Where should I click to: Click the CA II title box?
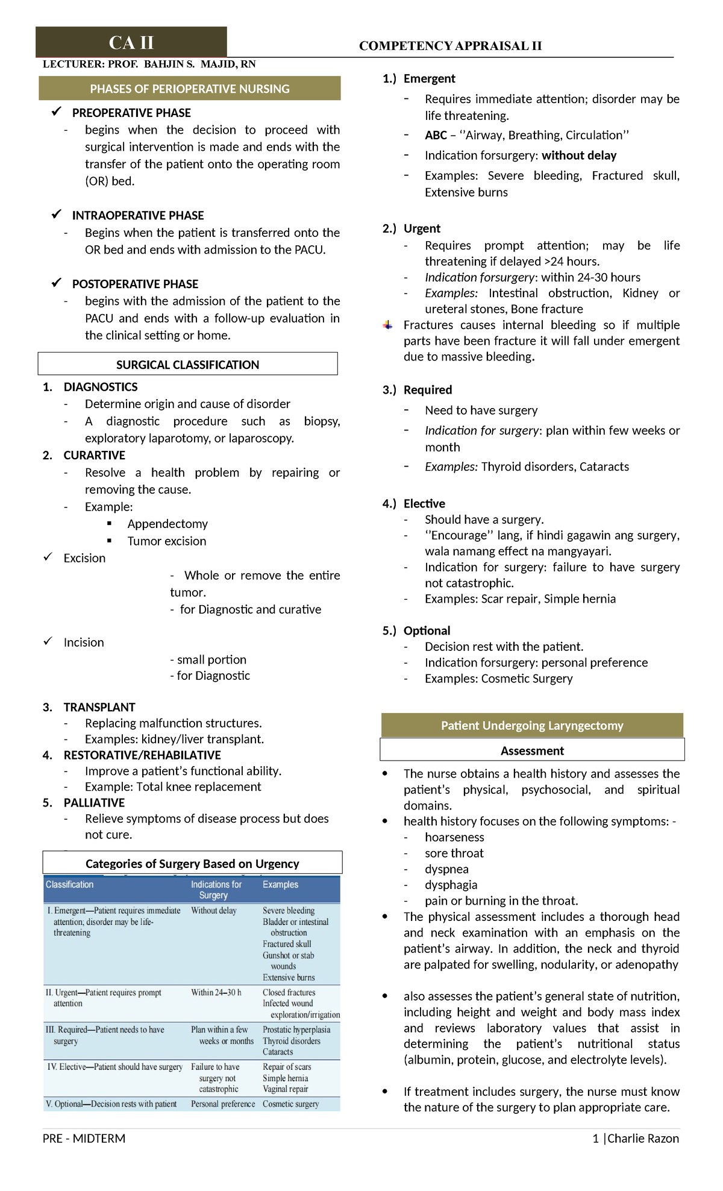click(x=131, y=42)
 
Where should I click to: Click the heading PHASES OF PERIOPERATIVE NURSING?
click(x=190, y=89)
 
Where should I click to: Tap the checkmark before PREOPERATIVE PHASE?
click(x=57, y=112)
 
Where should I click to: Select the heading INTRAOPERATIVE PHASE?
click(x=138, y=215)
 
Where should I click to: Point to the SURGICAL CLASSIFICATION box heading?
click(x=187, y=365)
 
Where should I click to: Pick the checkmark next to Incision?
click(x=48, y=641)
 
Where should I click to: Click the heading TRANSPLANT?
click(x=99, y=707)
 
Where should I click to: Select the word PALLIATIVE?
click(x=94, y=803)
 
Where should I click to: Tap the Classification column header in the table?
click(x=70, y=884)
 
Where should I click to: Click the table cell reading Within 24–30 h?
click(x=216, y=992)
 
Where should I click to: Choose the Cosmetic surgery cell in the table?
click(x=290, y=1104)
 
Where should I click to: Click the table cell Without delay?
click(x=214, y=910)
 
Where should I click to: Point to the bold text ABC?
click(x=436, y=135)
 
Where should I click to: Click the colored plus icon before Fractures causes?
click(x=388, y=325)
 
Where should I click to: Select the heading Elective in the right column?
click(x=424, y=503)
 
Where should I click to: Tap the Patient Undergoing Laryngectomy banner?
click(x=532, y=725)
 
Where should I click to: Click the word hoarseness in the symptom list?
click(x=454, y=837)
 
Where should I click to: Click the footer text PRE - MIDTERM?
click(x=84, y=1138)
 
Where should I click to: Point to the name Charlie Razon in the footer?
click(x=643, y=1138)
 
